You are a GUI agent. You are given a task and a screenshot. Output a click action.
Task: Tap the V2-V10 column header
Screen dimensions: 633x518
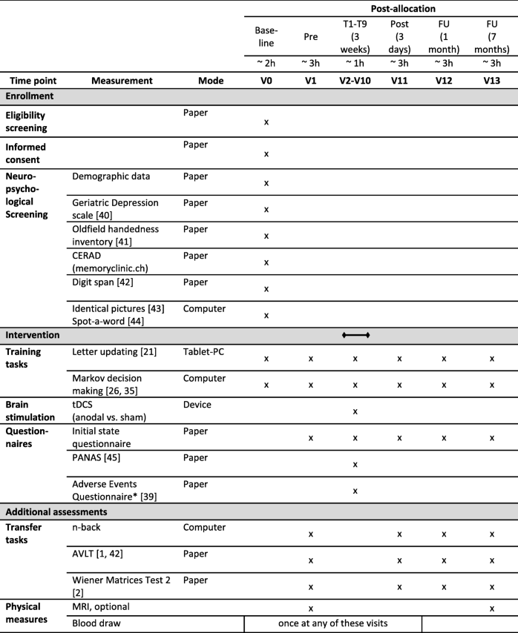point(355,80)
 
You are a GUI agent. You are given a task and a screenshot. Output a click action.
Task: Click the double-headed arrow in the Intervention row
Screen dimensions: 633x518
point(355,335)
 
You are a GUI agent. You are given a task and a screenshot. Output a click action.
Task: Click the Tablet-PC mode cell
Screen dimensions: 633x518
point(203,351)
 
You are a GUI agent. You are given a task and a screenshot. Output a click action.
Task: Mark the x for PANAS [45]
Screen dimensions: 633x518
point(355,464)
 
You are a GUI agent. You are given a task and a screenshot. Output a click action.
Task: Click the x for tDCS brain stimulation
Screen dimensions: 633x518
point(355,411)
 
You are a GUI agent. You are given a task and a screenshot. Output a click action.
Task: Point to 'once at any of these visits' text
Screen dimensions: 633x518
point(332,624)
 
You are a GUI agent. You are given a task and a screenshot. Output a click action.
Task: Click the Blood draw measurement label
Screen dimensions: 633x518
point(98,624)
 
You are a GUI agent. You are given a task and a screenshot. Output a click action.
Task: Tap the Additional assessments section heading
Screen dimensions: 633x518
point(56,512)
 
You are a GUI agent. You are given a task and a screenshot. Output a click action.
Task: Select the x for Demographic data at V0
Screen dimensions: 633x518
point(266,182)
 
